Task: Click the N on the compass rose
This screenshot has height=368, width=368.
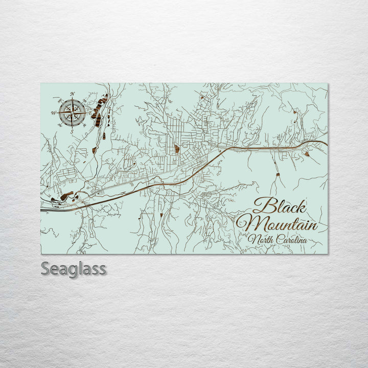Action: pyautogui.click(x=72, y=94)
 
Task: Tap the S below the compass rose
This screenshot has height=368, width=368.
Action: pyautogui.click(x=72, y=131)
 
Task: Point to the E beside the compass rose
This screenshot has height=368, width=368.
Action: pyautogui.click(x=90, y=112)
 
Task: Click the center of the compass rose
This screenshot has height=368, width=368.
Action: pyautogui.click(x=72, y=112)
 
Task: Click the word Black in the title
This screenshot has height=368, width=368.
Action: pyautogui.click(x=280, y=206)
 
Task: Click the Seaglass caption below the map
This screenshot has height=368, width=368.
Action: pyautogui.click(x=74, y=268)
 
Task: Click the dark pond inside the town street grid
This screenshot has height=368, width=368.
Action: pyautogui.click(x=177, y=149)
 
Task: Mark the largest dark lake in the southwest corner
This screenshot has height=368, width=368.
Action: pyautogui.click(x=66, y=195)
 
